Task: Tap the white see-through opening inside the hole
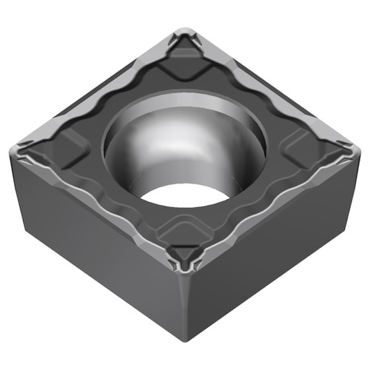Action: click(185, 194)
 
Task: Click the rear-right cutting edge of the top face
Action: click(274, 89)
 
